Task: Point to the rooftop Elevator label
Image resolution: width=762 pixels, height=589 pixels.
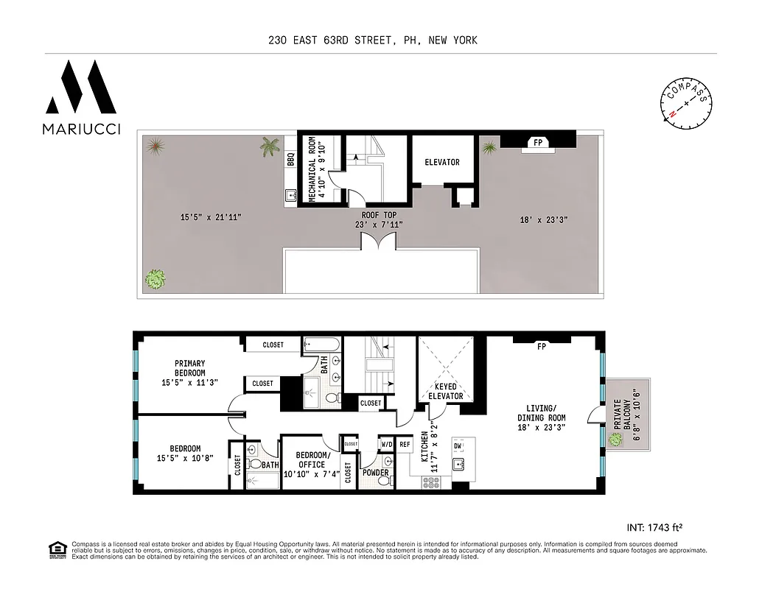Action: (441, 163)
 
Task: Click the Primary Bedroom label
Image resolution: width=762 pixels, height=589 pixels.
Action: (189, 373)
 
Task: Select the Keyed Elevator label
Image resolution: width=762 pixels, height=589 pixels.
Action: (446, 391)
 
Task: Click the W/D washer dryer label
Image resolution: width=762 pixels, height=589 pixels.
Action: (386, 444)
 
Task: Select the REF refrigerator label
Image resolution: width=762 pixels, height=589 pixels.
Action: (405, 444)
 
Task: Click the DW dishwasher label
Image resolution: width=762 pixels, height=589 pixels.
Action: (457, 446)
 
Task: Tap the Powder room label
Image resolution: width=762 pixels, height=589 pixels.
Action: (374, 473)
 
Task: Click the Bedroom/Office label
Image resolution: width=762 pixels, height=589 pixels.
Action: (310, 465)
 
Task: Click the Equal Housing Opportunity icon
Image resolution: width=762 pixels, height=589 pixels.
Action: (55, 549)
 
